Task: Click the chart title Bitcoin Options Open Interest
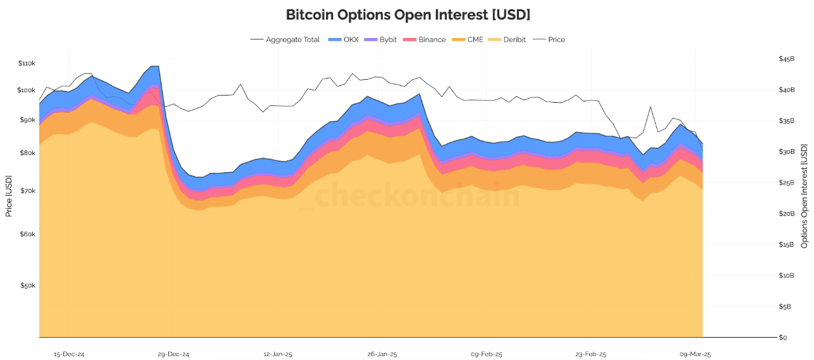[408, 14]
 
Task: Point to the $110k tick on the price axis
[26, 63]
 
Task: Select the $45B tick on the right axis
[787, 59]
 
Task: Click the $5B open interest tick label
[785, 306]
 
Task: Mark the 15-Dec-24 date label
[69, 354]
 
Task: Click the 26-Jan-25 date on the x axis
[382, 354]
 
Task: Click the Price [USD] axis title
[9, 196]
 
